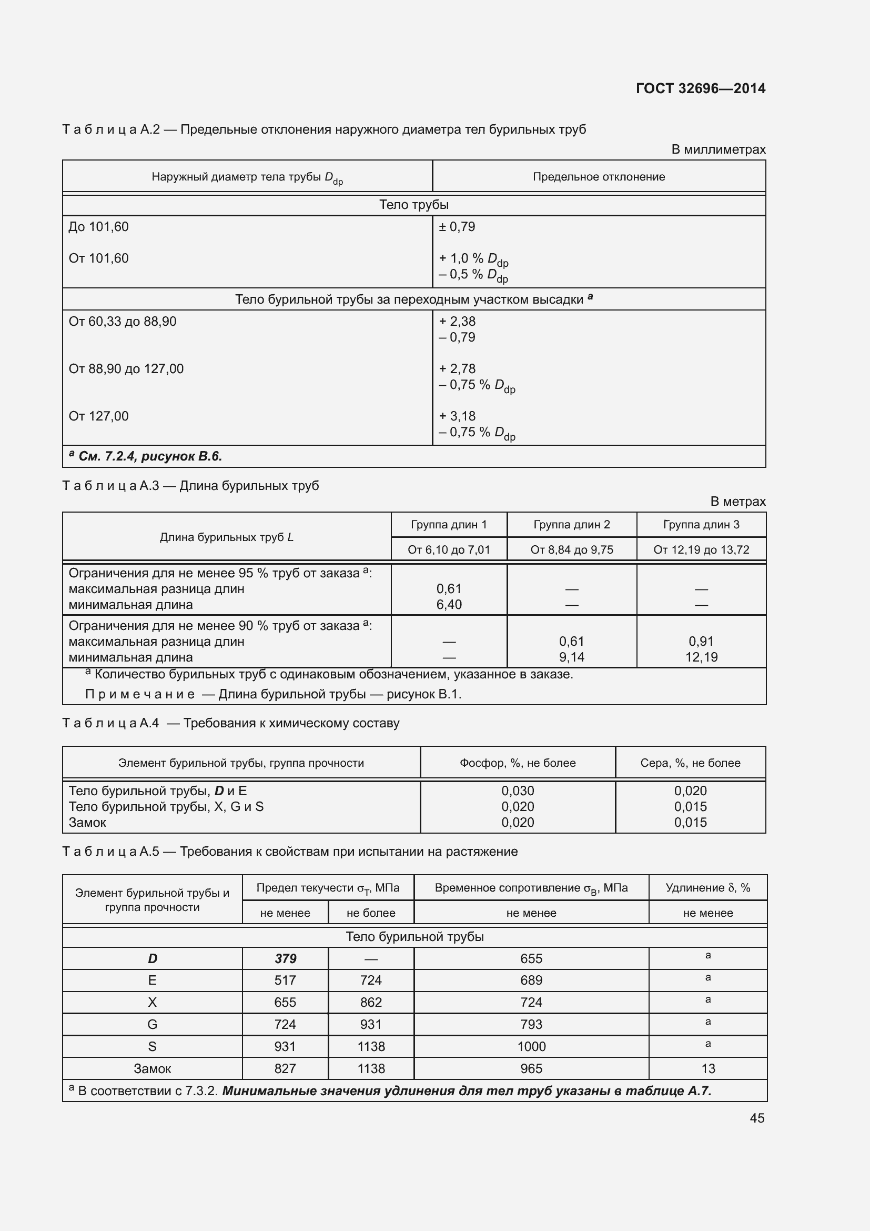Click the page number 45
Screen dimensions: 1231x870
(x=756, y=1118)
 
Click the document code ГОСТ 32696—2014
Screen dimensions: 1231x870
(x=700, y=88)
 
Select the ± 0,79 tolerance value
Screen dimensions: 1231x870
(x=457, y=227)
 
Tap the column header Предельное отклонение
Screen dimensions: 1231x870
(x=599, y=177)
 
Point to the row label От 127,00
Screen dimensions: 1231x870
(x=98, y=416)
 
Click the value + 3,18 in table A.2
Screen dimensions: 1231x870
(x=457, y=416)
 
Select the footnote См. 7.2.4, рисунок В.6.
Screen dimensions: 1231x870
(x=146, y=456)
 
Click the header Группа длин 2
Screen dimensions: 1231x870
(x=572, y=524)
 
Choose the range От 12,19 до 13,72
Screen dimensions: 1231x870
(x=701, y=549)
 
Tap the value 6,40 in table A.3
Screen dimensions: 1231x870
(x=449, y=604)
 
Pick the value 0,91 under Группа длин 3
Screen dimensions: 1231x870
(x=701, y=641)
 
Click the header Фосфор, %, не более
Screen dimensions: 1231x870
(x=518, y=763)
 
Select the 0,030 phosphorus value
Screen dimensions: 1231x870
(x=518, y=791)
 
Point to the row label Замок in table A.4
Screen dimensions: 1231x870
(x=87, y=823)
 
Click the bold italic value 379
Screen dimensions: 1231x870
(x=285, y=958)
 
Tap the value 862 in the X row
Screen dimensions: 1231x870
(x=371, y=1002)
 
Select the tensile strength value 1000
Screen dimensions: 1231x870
(x=531, y=1047)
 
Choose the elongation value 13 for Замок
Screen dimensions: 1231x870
(x=707, y=1068)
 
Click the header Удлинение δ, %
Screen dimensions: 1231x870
(x=707, y=888)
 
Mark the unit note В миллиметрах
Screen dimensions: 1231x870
(x=718, y=149)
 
